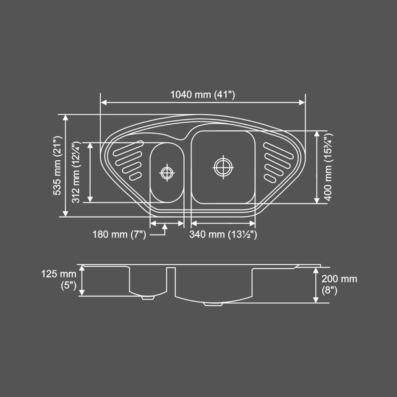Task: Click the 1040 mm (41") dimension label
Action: tap(203, 94)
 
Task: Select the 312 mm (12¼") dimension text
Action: tap(76, 172)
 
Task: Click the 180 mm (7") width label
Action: tap(119, 234)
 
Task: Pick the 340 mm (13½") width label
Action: tap(223, 234)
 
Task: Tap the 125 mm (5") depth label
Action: tap(59, 279)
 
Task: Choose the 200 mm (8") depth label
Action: tap(339, 284)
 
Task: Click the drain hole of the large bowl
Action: tap(223, 167)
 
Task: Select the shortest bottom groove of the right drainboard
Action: tap(270, 179)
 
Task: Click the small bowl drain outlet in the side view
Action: tap(148, 298)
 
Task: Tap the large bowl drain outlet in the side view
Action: tap(214, 304)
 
